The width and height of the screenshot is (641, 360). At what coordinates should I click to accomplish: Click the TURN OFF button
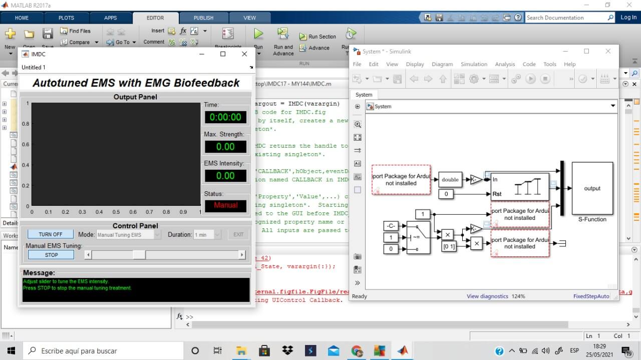(50, 234)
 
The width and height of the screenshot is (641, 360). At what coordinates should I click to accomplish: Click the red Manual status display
(225, 205)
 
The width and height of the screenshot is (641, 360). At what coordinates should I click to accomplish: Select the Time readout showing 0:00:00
(225, 117)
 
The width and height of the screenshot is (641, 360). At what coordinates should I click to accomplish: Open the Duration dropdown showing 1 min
(207, 234)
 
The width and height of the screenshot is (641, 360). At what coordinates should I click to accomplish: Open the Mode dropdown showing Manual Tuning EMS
(129, 234)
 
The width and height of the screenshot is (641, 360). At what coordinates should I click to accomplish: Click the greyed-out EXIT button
(238, 234)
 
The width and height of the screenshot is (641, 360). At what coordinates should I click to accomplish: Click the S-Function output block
(592, 188)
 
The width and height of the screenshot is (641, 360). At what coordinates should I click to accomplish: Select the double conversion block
(450, 180)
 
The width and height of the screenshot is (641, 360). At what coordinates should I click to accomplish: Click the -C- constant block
(391, 226)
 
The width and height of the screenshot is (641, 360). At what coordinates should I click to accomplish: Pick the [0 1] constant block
(449, 246)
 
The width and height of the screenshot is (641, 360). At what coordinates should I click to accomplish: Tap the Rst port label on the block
(497, 194)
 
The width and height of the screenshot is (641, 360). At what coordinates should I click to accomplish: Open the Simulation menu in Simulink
(474, 64)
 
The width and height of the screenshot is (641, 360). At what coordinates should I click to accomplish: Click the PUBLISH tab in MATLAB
(203, 18)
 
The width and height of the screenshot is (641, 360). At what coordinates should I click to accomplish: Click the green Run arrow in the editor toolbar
(258, 34)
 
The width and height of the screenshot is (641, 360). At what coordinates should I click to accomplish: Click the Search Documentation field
(566, 18)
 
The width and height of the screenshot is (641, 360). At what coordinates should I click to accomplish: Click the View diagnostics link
(487, 296)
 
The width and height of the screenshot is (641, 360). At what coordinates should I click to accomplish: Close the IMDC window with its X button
(244, 54)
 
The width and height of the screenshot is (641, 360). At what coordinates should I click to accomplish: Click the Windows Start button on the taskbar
(11, 350)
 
